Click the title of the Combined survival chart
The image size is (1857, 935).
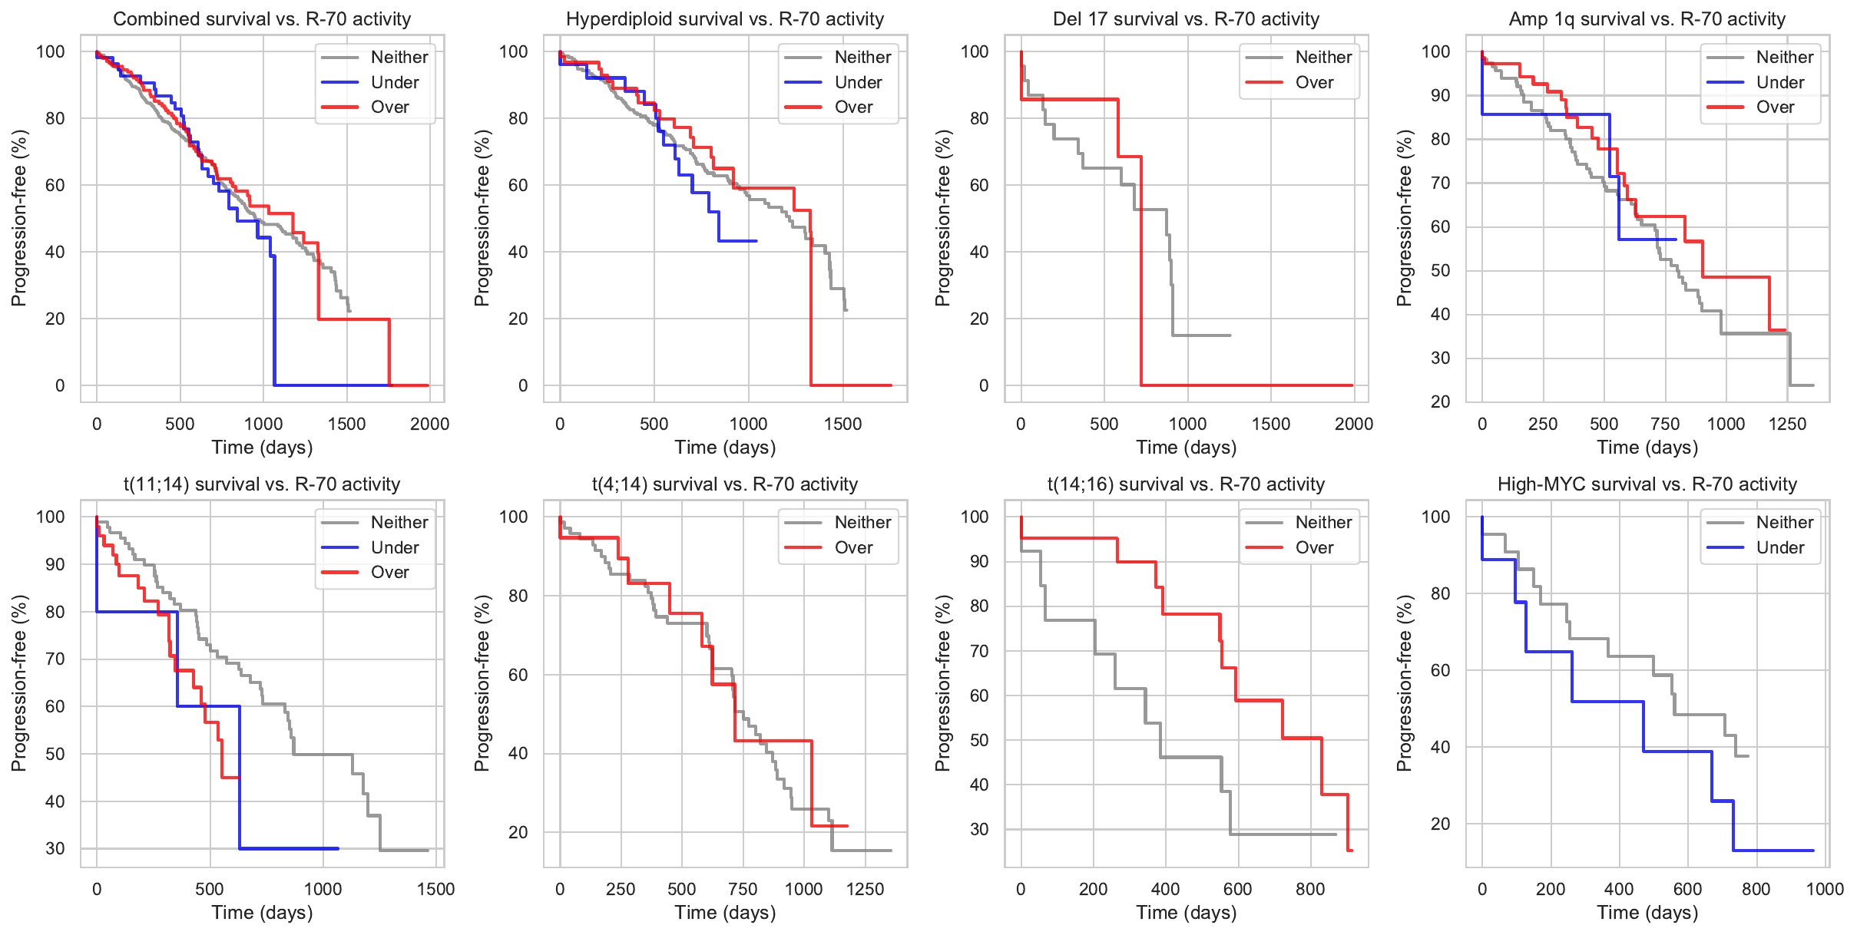(262, 18)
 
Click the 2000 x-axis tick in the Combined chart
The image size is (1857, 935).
(429, 424)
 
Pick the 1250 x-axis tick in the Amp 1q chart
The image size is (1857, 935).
(1787, 424)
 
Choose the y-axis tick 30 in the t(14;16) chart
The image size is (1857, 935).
(979, 829)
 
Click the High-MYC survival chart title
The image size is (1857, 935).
(1647, 484)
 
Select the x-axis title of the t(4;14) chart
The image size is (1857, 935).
(725, 912)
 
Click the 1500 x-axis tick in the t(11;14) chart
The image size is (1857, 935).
(435, 889)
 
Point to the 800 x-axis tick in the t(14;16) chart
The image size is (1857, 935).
(1310, 889)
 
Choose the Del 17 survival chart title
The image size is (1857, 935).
(1186, 18)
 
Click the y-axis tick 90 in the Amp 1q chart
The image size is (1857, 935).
(1440, 95)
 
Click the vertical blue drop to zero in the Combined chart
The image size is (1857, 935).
(274, 322)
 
